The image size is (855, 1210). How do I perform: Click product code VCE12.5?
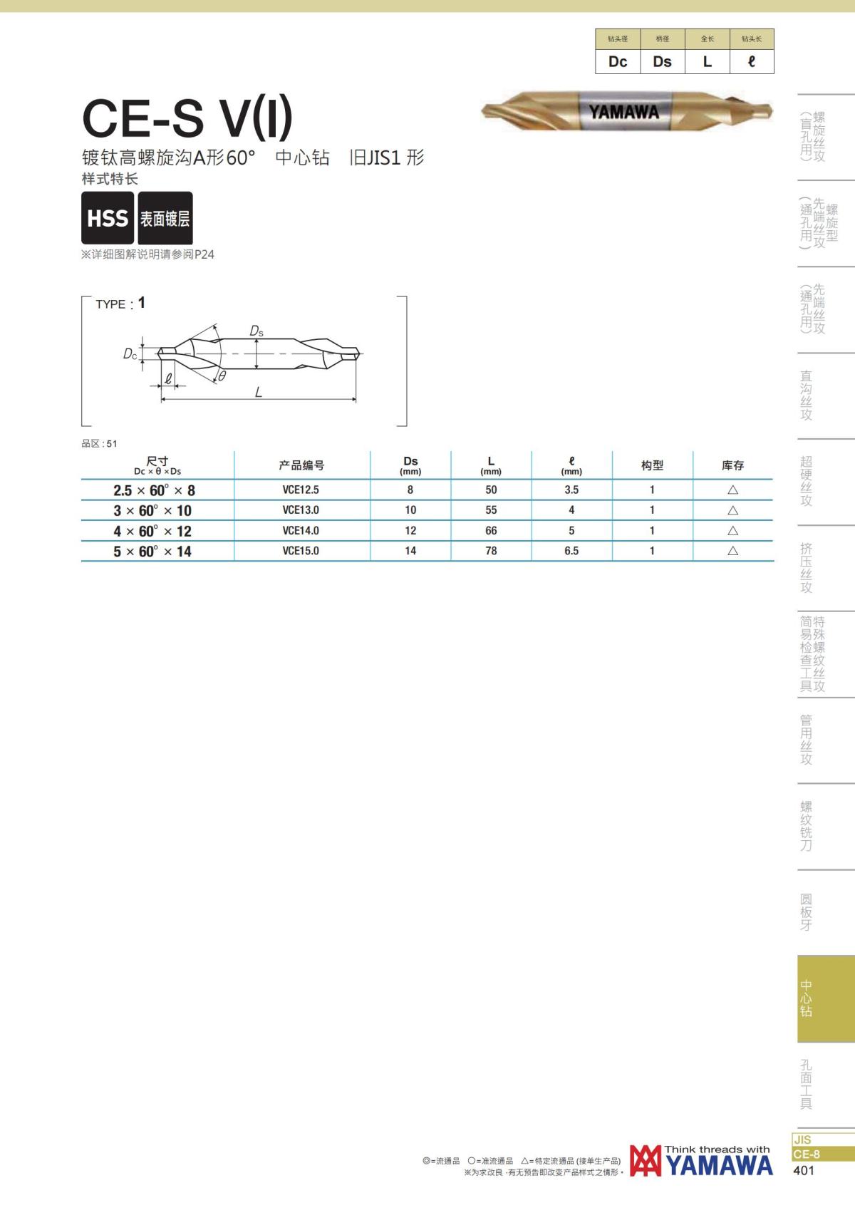pos(300,490)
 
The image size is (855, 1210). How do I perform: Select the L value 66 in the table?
pos(490,530)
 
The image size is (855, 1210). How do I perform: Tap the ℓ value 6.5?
pos(571,551)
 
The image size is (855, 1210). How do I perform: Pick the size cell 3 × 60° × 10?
pos(152,510)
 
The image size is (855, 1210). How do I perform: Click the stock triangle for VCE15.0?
pos(732,551)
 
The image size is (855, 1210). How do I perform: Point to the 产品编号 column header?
pos(301,465)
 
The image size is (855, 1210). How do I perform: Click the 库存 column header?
pos(732,465)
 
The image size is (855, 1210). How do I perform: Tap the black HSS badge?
pos(108,217)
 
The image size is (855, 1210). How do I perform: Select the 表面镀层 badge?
pos(165,217)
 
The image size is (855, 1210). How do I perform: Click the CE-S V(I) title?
pos(187,118)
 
